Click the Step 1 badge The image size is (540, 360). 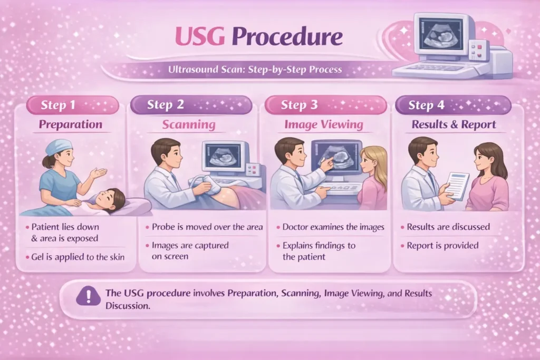pos(72,105)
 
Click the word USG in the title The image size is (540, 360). pos(200,37)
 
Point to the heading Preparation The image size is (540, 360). pos(70,125)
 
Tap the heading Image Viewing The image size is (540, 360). pos(323,125)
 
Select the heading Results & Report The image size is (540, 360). pos(454,125)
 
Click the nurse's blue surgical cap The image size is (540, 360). pos(58,147)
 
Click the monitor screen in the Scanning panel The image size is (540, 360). pos(224,156)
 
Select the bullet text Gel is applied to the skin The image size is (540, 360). pos(75,257)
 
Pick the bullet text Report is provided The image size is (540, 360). pos(442,245)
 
